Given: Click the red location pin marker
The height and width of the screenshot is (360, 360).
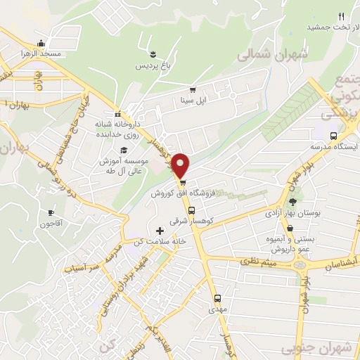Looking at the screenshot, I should (x=181, y=165).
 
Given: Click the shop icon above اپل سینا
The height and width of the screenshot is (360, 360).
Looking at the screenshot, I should (x=192, y=90).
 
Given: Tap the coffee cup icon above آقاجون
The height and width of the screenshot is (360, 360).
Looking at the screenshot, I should (x=51, y=212).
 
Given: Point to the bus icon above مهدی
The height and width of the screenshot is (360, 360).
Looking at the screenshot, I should (x=217, y=298).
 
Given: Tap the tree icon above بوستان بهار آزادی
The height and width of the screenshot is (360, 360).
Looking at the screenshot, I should (x=292, y=201).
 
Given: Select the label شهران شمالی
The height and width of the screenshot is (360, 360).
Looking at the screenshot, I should (x=264, y=54).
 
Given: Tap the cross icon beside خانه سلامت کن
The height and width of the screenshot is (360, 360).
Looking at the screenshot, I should (x=160, y=231).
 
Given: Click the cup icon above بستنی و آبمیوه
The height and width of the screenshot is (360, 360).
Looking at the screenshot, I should (x=290, y=228).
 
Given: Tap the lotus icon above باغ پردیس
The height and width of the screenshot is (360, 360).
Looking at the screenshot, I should (x=152, y=54).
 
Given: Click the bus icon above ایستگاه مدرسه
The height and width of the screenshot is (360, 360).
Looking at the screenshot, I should (x=334, y=136).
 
